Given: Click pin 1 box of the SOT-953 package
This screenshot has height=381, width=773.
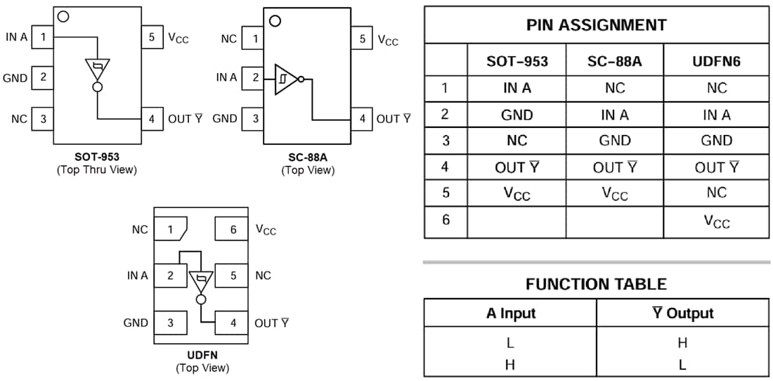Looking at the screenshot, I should tap(43, 37).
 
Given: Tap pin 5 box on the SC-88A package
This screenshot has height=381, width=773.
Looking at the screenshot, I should tap(362, 39).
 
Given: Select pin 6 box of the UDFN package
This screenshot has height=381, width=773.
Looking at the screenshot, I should tap(233, 229).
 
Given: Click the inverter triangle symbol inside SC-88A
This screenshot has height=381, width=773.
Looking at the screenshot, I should tap(285, 79).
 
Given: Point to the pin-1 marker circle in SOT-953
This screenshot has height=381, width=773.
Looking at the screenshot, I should tap(63, 16).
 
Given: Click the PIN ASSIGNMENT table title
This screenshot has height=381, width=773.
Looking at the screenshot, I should tap(596, 25).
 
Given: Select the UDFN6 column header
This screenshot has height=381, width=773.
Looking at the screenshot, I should tap(716, 61).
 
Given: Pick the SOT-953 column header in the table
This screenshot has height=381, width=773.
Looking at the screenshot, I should tap(517, 61).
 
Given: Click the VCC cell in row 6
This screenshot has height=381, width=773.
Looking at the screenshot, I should tap(716, 221).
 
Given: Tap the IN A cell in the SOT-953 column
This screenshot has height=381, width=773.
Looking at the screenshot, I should tap(517, 88).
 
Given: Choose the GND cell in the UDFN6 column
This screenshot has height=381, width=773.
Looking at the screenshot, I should tap(716, 141).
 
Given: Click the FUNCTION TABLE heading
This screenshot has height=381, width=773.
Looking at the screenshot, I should tap(596, 284).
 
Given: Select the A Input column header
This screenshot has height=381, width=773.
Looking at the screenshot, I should tap(510, 314).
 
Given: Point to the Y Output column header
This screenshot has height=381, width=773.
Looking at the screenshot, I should tap(682, 314).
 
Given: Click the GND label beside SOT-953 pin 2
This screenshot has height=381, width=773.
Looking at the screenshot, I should tap(15, 78).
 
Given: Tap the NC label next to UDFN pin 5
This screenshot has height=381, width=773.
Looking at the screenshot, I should tap(263, 276).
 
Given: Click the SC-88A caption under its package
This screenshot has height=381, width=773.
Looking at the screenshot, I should tap(308, 158).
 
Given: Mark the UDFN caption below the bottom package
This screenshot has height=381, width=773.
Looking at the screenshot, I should tap(202, 355).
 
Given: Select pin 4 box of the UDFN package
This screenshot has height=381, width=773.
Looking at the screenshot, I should tap(233, 323).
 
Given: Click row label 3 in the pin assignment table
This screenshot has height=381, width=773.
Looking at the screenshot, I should tap(446, 141).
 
